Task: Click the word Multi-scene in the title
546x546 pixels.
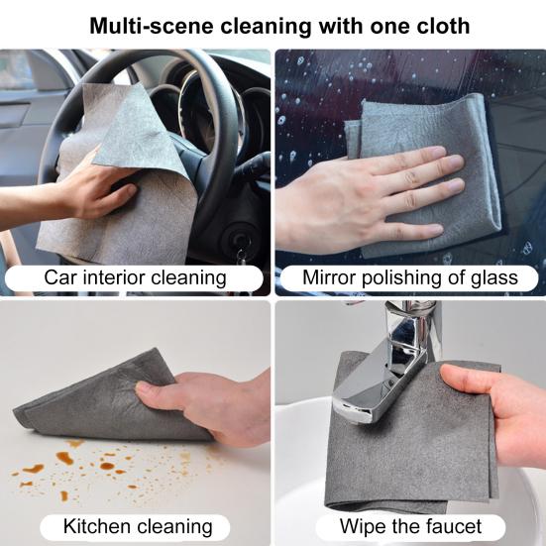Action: pos(152,27)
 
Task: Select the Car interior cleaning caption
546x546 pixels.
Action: pos(135,277)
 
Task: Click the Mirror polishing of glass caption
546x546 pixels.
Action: pos(410,277)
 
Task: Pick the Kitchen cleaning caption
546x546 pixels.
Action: pos(138,526)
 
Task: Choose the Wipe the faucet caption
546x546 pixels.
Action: pos(410,526)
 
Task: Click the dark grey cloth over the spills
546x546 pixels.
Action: pos(101,400)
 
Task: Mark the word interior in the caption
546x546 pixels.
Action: pos(114,277)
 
